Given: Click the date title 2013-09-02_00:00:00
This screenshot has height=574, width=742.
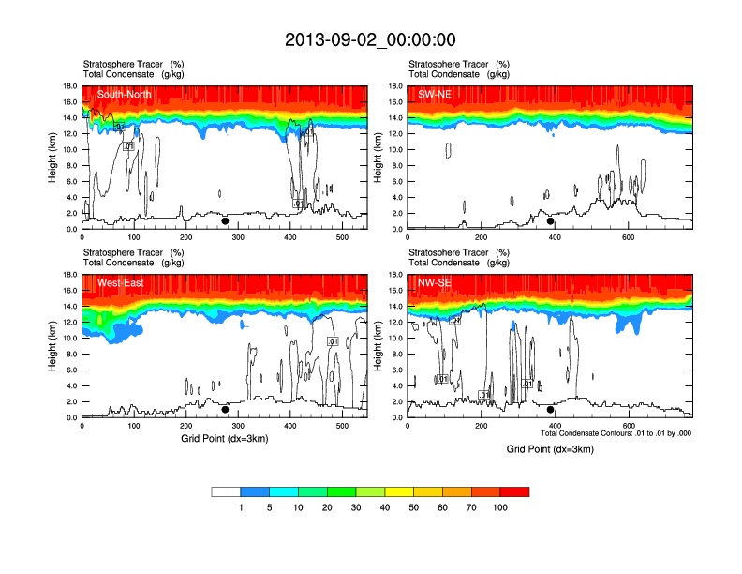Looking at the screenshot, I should (x=370, y=39).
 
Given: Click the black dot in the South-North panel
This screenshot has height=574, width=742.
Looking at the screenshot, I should (x=225, y=221).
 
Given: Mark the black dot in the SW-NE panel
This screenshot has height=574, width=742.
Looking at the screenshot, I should (x=551, y=221).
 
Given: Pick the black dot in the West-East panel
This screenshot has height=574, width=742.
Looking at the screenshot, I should (x=225, y=410).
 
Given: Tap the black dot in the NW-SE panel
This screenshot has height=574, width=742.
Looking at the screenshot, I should (x=551, y=410).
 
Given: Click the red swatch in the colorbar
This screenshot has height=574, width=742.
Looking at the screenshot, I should (x=514, y=491).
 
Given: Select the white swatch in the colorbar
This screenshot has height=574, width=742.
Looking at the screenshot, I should (x=226, y=491).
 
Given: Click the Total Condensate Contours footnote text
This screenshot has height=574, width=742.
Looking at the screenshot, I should (x=616, y=433).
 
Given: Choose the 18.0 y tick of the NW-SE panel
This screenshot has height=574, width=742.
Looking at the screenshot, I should (x=397, y=275).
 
